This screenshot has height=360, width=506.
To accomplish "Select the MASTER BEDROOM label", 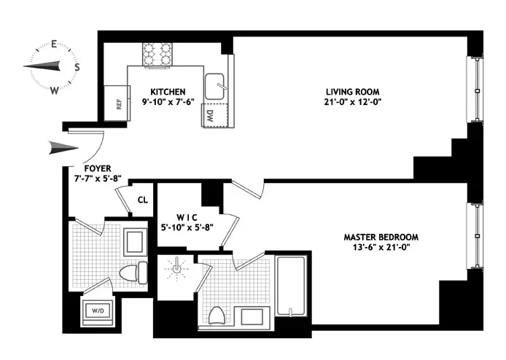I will (x=381, y=237).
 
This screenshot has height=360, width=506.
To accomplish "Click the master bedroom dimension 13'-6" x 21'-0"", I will (x=381, y=249).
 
